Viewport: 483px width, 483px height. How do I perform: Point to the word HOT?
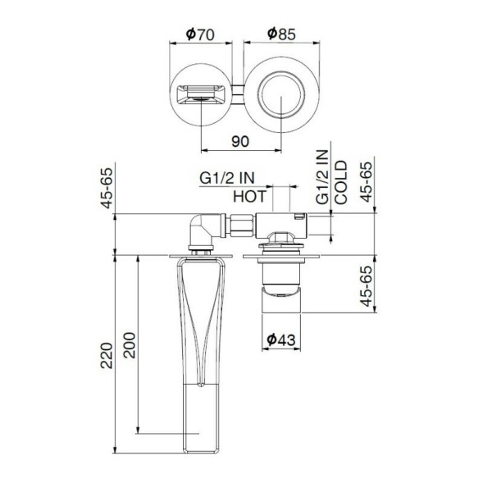click(x=250, y=197)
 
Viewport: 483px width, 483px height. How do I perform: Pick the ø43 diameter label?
click(x=282, y=337)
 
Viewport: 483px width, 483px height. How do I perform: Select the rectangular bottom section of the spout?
click(x=199, y=418)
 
